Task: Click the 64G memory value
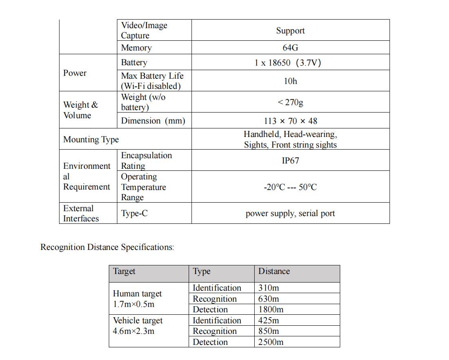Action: click(290, 48)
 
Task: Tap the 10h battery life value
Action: click(290, 81)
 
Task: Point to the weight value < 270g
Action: click(290, 102)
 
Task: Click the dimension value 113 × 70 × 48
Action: click(290, 121)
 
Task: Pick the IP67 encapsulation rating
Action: click(290, 161)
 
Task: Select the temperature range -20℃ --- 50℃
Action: click(290, 187)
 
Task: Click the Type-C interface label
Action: click(134, 213)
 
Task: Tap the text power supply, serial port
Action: click(290, 213)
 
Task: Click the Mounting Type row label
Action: click(91, 139)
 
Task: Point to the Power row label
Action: click(75, 73)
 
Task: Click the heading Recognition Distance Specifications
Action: click(107, 247)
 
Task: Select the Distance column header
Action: click(274, 271)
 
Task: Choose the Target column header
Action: click(124, 271)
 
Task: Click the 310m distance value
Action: click(269, 288)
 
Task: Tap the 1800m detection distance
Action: click(271, 309)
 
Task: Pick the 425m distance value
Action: click(269, 320)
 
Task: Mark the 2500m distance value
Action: click(271, 342)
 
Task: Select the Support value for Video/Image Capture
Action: click(290, 31)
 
